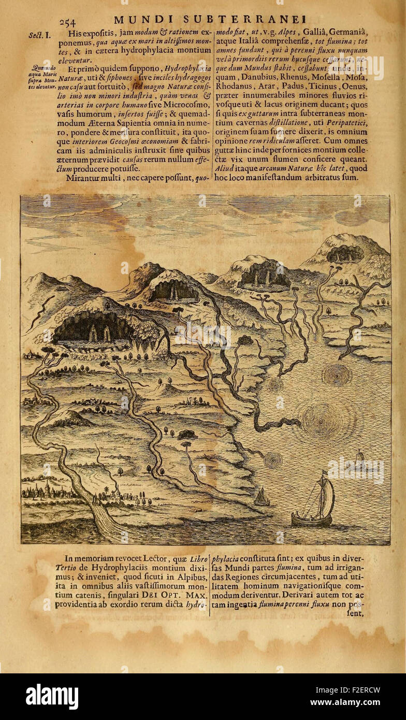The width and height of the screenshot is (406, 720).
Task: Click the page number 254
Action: [x=68, y=21]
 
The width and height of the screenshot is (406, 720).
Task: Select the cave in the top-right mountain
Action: [x=344, y=253]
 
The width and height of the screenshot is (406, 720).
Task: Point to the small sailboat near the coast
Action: [x=262, y=498]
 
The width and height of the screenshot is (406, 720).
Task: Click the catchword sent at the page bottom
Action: [x=356, y=614]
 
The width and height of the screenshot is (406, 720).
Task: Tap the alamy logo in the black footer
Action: [x=52, y=697]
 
